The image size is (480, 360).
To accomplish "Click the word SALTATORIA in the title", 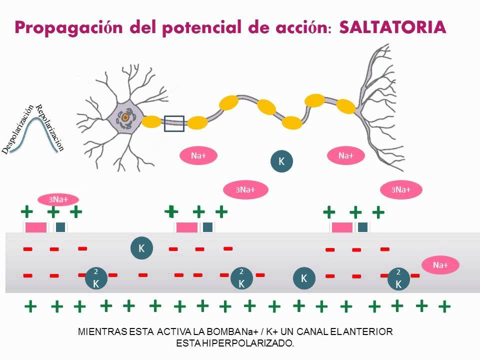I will click(x=392, y=27).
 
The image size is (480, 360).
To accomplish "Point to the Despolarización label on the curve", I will click(x=19, y=129).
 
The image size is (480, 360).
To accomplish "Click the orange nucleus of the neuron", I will click(x=125, y=117).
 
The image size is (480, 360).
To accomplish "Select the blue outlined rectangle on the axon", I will click(x=174, y=123).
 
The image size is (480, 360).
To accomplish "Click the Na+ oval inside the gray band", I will click(x=440, y=265).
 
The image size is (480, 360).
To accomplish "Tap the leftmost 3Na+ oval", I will click(x=58, y=199).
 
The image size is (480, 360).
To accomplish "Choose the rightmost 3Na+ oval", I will click(x=401, y=189).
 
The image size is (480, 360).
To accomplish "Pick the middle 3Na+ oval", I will click(x=245, y=189).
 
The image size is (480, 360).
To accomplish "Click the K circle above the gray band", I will click(x=281, y=161).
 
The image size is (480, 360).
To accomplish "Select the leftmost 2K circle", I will click(x=95, y=277).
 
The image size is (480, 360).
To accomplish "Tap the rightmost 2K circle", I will click(x=398, y=277).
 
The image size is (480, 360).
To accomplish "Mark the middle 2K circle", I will click(x=241, y=277).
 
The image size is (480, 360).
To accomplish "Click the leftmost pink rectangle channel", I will click(x=36, y=227).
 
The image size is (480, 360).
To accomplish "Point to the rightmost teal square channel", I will click(x=363, y=227).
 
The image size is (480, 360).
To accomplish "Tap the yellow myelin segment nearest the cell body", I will click(x=151, y=121).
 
